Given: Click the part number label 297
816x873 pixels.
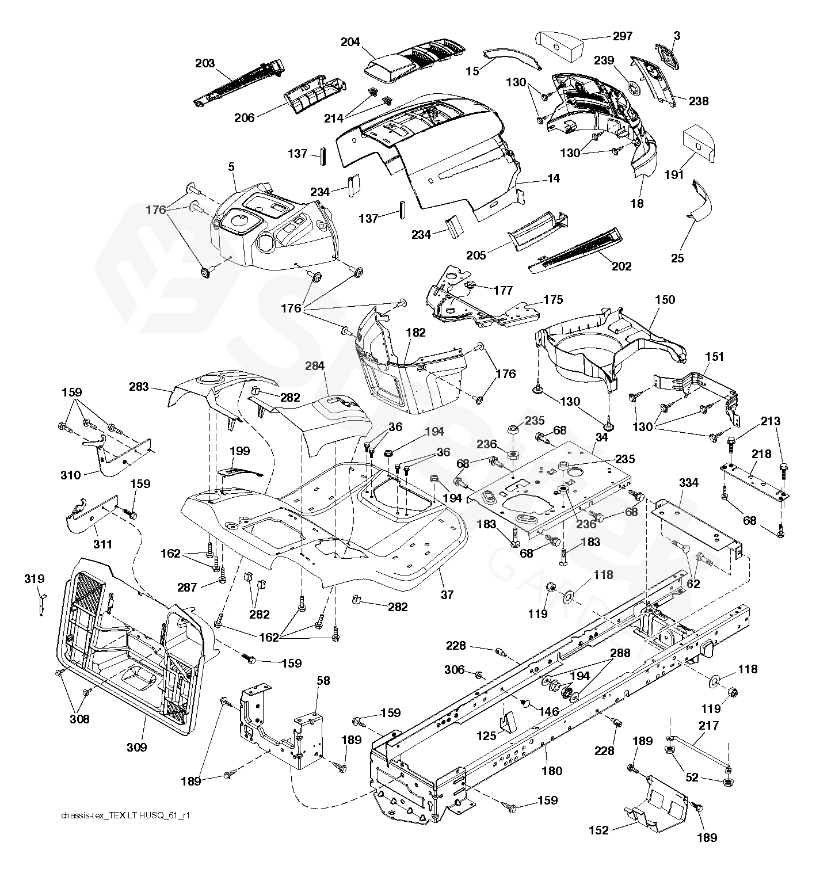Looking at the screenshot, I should (x=622, y=36).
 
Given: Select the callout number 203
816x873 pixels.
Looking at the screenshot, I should (x=205, y=63).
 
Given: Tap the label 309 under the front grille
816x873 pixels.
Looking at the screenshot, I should (x=136, y=747).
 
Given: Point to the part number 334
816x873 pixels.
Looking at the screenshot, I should (x=689, y=482).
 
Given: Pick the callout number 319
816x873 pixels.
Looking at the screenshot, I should (x=35, y=578).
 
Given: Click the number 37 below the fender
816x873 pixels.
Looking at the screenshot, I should (x=446, y=594).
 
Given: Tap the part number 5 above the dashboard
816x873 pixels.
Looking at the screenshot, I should (x=231, y=167).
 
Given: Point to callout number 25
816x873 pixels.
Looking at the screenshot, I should (x=678, y=258).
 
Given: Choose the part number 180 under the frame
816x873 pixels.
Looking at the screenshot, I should (x=552, y=771).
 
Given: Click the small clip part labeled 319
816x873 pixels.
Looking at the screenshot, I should (x=42, y=601).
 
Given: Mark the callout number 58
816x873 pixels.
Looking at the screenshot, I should (x=323, y=681).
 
